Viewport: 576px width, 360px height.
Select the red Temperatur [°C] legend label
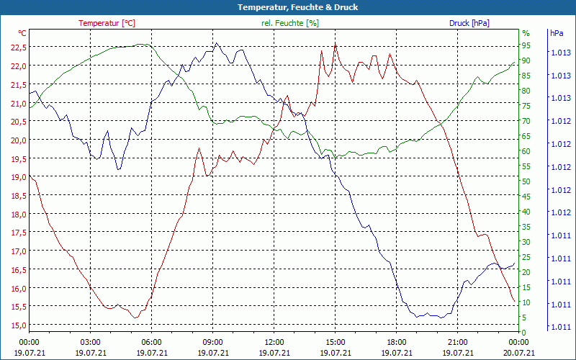[x=107, y=23]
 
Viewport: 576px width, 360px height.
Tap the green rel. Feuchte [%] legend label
[x=289, y=23]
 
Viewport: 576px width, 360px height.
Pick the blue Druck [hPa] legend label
[x=469, y=23]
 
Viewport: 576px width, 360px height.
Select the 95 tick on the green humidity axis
[x=526, y=45]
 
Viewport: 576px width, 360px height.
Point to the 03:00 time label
[x=90, y=342]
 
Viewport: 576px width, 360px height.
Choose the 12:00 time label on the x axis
[x=274, y=342]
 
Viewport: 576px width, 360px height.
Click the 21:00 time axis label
[x=458, y=342]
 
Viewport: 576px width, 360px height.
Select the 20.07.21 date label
[x=518, y=353]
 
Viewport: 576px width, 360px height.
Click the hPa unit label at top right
[x=557, y=33]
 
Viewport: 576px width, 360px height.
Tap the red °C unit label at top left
[x=22, y=33]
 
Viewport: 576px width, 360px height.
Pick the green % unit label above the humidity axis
[x=526, y=33]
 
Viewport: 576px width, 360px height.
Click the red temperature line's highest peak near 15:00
[x=335, y=44]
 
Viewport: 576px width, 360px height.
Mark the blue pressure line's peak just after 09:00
[x=217, y=43]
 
